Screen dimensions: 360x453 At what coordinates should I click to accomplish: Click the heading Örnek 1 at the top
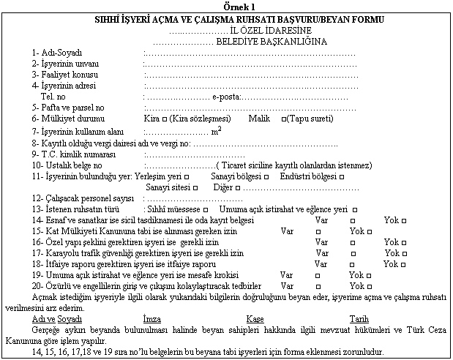pyautogui.click(x=226, y=5)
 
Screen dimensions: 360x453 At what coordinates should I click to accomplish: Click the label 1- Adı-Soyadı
pyautogui.click(x=56, y=53)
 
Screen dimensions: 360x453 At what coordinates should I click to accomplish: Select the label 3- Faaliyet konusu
pyautogui.click(x=64, y=75)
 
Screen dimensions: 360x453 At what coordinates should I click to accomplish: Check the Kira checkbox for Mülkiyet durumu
pyautogui.click(x=169, y=118)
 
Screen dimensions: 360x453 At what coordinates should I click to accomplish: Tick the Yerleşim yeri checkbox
pyautogui.click(x=188, y=176)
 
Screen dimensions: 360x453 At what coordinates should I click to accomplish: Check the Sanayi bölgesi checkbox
pyautogui.click(x=267, y=176)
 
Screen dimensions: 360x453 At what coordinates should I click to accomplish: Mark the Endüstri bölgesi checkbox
pyautogui.click(x=342, y=176)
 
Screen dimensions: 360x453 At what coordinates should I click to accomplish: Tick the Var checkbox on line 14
pyautogui.click(x=353, y=220)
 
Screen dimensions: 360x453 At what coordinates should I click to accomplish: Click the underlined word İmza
pyautogui.click(x=152, y=319)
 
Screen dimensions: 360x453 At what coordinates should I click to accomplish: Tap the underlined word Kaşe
pyautogui.click(x=255, y=319)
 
